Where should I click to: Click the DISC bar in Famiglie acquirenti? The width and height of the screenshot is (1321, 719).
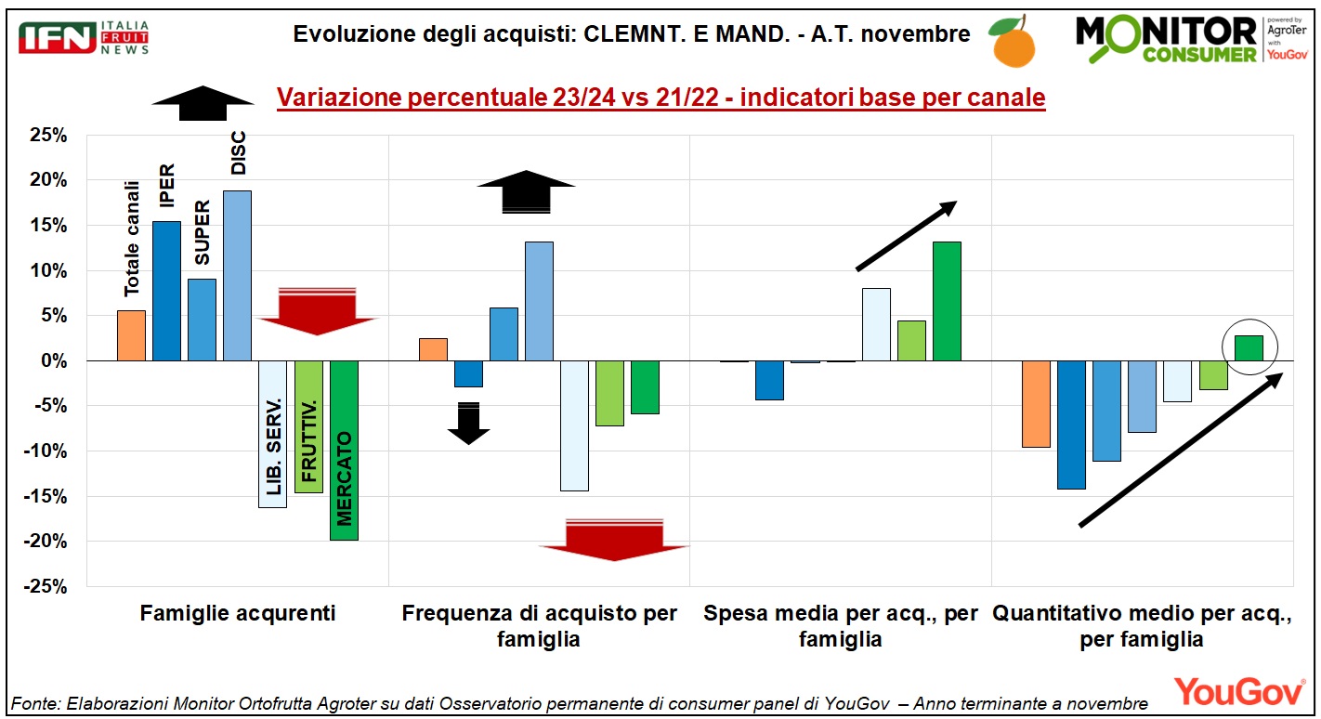pyautogui.click(x=237, y=276)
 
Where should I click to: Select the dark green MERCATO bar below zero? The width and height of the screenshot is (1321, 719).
pyautogui.click(x=344, y=450)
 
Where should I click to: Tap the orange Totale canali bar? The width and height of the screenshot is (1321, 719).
pyautogui.click(x=132, y=335)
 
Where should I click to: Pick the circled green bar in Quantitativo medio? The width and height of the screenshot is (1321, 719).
pyautogui.click(x=1249, y=348)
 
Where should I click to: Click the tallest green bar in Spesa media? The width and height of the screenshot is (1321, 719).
pyautogui.click(x=948, y=301)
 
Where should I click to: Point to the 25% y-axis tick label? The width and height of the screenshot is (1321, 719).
pyautogui.click(x=48, y=135)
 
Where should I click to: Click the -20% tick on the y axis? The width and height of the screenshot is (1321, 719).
pyautogui.click(x=46, y=541)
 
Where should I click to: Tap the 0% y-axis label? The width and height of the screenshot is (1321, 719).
pyautogui.click(x=54, y=360)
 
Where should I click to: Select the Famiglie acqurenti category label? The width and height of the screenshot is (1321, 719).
pyautogui.click(x=238, y=613)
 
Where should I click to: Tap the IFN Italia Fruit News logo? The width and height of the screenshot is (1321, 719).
pyautogui.click(x=84, y=38)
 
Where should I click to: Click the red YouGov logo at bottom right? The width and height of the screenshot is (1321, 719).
pyautogui.click(x=1239, y=691)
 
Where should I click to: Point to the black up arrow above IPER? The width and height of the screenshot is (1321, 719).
pyautogui.click(x=203, y=103)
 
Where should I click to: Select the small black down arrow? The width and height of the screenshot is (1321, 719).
pyautogui.click(x=469, y=423)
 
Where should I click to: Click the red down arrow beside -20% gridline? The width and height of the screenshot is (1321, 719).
pyautogui.click(x=614, y=540)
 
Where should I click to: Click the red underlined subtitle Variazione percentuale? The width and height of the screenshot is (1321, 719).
pyautogui.click(x=661, y=98)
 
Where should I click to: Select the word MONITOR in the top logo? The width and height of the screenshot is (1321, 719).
pyautogui.click(x=1166, y=32)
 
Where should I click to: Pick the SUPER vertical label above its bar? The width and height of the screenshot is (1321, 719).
pyautogui.click(x=202, y=232)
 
